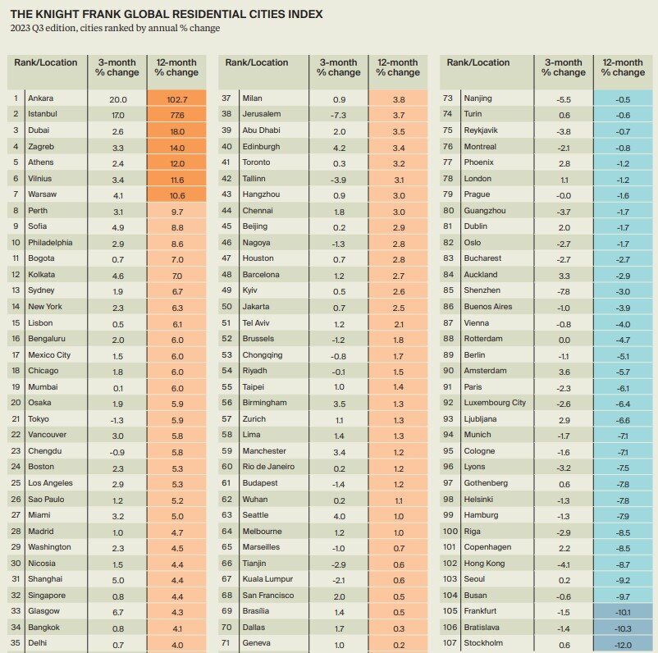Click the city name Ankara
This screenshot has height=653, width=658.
[x=40, y=99]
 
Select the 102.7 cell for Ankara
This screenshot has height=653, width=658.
[x=176, y=99]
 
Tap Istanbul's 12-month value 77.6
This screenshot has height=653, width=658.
[x=176, y=115]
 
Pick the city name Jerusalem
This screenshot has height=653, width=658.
[x=262, y=115]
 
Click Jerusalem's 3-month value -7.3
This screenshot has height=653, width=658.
[x=339, y=115]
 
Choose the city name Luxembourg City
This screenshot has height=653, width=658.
[x=496, y=403]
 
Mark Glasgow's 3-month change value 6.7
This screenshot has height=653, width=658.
[x=117, y=611]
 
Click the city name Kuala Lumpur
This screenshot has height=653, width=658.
[x=267, y=579]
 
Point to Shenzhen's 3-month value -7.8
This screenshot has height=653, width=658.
[x=564, y=290]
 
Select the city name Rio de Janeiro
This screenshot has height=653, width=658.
[x=270, y=467]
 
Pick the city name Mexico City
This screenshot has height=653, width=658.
[x=49, y=354]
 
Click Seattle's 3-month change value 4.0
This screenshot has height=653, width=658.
[x=339, y=515]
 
